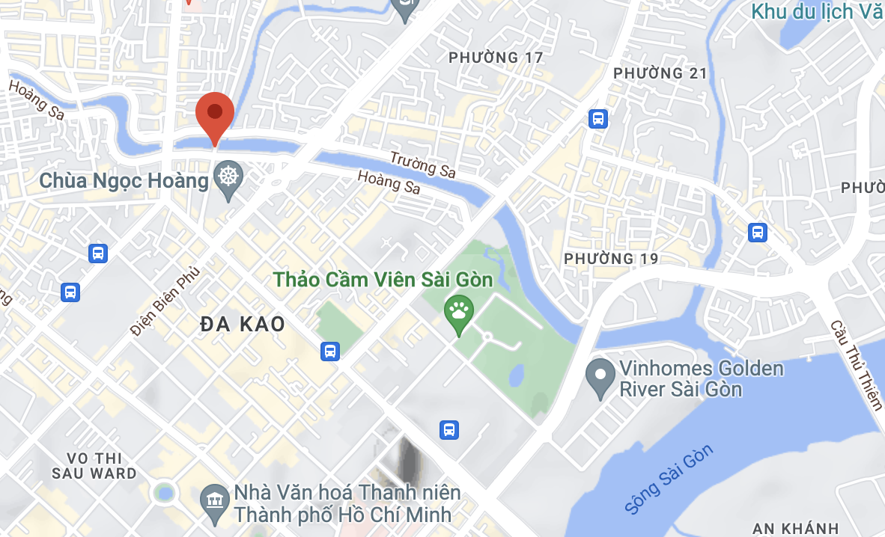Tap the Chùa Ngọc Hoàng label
124,180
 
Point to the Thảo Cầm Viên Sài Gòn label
383,280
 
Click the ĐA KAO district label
243,324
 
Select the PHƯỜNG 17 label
495,58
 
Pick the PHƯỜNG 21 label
660,73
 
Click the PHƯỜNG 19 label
611,259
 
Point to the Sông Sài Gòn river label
669,479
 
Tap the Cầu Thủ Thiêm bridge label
857,364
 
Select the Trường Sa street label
422,164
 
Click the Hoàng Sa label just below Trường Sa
389,182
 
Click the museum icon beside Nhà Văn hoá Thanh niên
216,499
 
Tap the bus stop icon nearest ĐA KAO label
329,350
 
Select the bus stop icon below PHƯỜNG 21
598,118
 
